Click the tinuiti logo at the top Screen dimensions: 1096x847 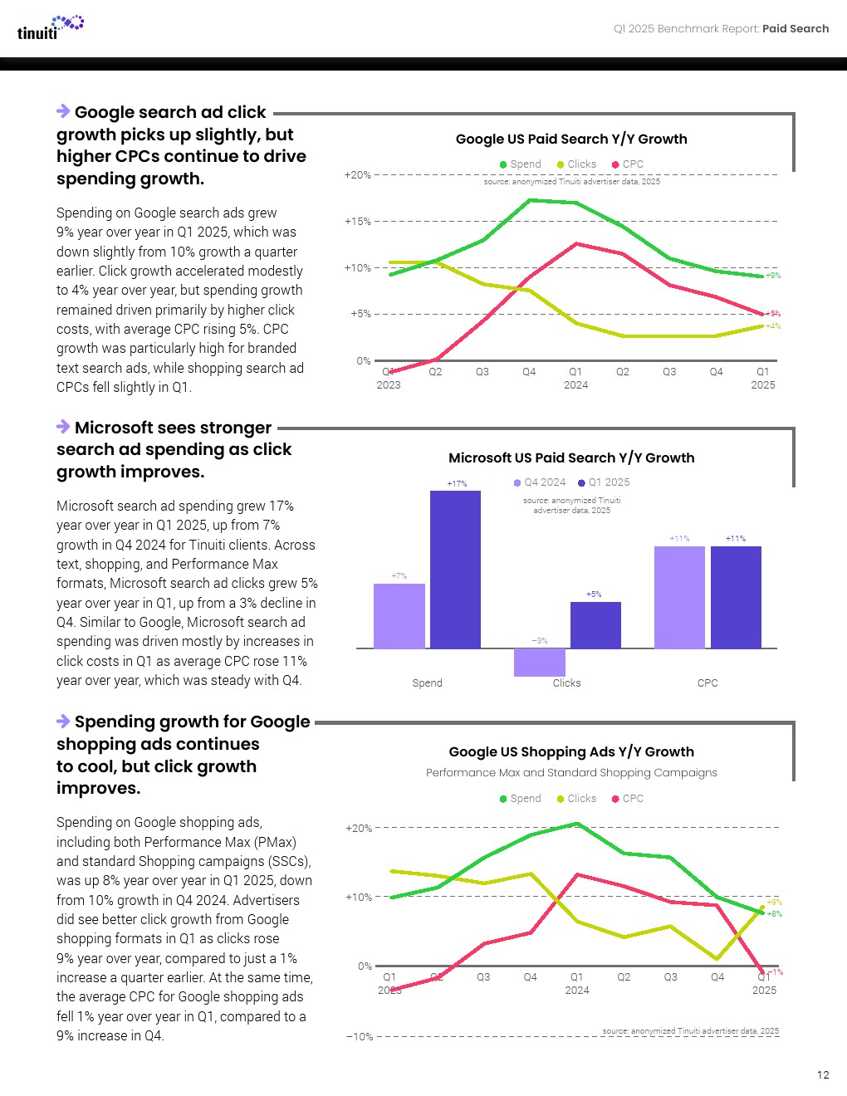50,27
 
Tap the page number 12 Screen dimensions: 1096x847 823,1074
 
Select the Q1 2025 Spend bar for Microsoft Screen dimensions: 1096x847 455,569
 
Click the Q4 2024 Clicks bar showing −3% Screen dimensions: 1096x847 540,662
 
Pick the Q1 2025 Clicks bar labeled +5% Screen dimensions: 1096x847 595,624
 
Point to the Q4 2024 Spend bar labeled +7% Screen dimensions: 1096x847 399,615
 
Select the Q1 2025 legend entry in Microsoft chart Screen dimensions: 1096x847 605,482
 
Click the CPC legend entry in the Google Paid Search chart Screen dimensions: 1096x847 628,164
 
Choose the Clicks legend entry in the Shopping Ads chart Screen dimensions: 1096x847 576,799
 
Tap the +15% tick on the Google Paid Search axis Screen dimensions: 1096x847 358,222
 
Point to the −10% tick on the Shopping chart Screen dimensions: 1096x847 360,1037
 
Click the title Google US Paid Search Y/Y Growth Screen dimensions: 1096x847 571,139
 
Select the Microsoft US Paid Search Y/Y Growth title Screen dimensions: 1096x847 571,458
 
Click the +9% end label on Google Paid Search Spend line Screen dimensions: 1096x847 773,276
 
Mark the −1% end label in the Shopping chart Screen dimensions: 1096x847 775,972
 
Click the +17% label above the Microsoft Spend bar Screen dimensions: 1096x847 457,483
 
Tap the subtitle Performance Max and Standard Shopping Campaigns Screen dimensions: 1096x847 571,773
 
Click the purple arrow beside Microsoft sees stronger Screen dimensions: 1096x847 63,427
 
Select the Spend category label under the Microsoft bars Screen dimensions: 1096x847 427,683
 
